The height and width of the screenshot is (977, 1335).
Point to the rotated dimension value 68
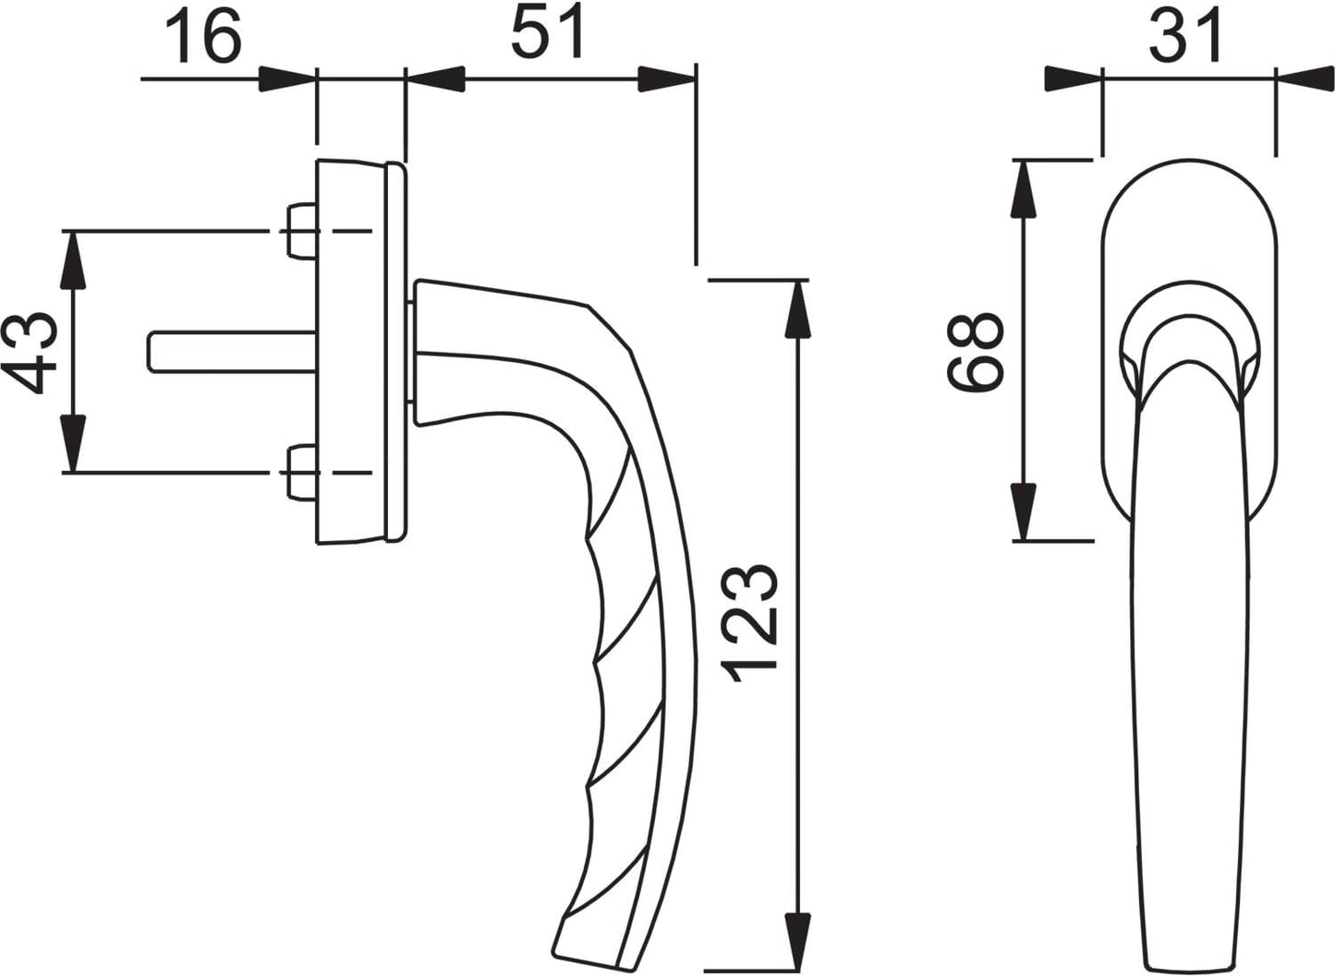click(975, 352)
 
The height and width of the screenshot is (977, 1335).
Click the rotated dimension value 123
click(749, 623)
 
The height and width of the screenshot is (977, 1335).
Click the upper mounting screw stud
click(301, 231)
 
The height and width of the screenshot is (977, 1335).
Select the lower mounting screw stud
click(301, 473)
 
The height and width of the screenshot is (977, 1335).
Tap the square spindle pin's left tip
click(149, 352)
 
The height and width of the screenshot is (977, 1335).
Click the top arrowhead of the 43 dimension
click(73, 259)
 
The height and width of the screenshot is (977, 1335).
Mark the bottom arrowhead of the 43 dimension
click(73, 444)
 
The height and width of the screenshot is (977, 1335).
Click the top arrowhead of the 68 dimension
click(1024, 189)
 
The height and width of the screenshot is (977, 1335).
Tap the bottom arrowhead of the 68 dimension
click(1024, 512)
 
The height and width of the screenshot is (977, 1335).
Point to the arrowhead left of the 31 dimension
click(1074, 79)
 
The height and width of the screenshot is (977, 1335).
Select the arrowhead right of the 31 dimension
click(1305, 79)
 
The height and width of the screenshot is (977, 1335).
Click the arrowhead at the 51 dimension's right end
click(667, 79)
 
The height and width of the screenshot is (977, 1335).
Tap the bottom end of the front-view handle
click(1190, 966)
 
